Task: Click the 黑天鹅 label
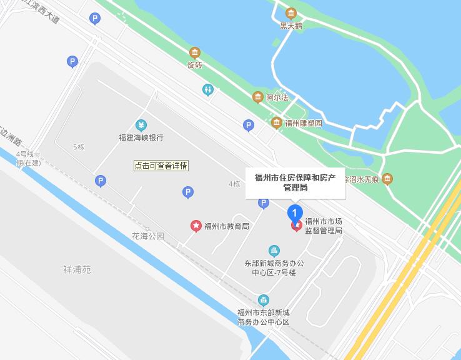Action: [x=290, y=26]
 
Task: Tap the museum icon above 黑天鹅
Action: [x=290, y=13]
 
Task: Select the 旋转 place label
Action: [x=196, y=65]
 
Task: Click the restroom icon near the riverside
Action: [x=208, y=89]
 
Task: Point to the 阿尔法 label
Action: [x=277, y=97]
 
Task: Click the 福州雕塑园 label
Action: [x=304, y=123]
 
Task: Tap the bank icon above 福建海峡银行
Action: [x=142, y=124]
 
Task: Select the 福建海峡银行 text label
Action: [x=141, y=137]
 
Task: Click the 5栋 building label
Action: [x=79, y=147]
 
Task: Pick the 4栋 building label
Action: [x=234, y=184]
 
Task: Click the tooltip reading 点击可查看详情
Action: [x=161, y=166]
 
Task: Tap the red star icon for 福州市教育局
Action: [x=196, y=226]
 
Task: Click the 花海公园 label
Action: [x=147, y=236]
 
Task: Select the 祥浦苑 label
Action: [x=77, y=270]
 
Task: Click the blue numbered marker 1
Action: [x=295, y=212]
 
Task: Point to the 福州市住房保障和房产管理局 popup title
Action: [x=295, y=182]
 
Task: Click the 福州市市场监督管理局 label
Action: [x=323, y=226]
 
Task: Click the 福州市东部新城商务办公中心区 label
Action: [x=264, y=317]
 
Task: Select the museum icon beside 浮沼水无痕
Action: [x=387, y=179]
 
